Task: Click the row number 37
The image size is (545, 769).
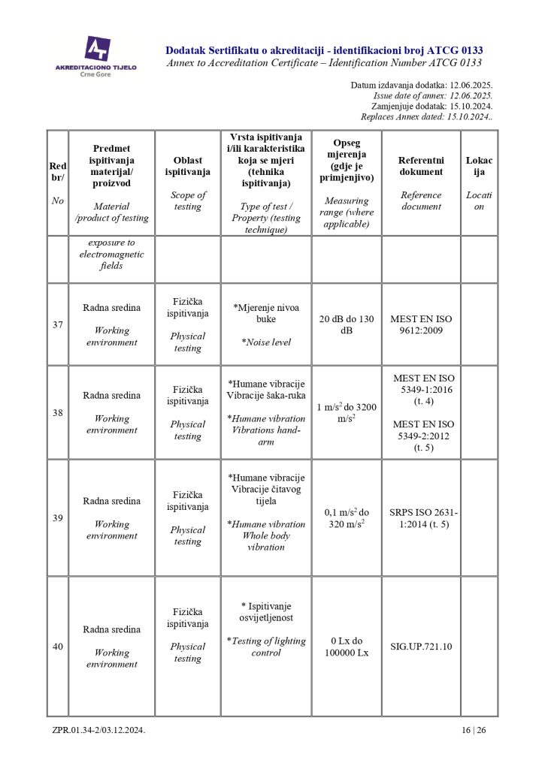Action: click(x=58, y=324)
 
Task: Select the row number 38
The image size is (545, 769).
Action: click(x=58, y=412)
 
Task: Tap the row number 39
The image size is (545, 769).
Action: click(x=58, y=518)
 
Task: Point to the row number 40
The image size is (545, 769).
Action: click(x=58, y=647)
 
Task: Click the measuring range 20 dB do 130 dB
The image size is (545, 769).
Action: click(x=347, y=324)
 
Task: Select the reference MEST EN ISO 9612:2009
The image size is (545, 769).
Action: click(x=421, y=324)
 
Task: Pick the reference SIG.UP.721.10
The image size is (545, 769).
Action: click(x=421, y=646)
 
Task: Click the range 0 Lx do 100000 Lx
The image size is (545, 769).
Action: click(x=347, y=647)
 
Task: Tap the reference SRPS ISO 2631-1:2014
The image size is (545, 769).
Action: click(x=421, y=518)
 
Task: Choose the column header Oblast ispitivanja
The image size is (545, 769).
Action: click(x=188, y=165)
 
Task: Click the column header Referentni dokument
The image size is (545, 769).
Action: click(x=421, y=166)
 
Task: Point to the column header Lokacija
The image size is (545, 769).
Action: click(x=479, y=166)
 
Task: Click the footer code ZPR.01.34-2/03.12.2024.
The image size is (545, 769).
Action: click(x=98, y=730)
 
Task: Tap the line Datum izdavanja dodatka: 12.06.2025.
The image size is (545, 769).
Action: click(x=421, y=86)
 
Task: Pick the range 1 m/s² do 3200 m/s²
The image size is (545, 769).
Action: click(x=347, y=412)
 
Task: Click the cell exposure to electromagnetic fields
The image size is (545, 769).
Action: click(x=111, y=255)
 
